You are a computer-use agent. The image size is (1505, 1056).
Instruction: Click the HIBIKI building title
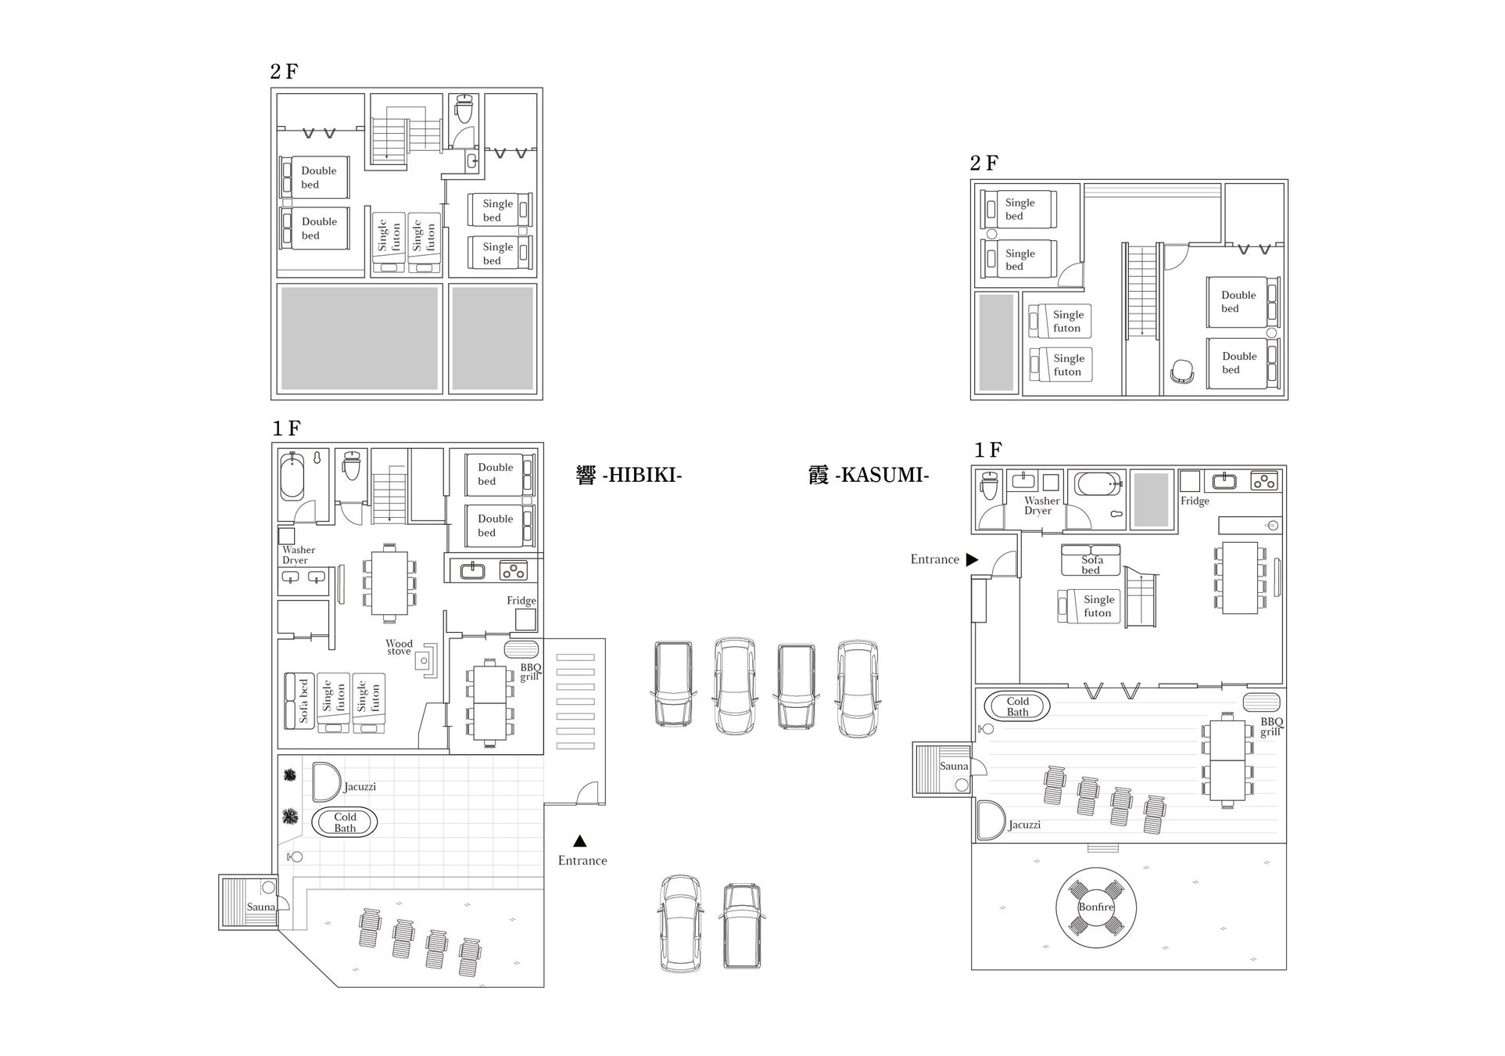point(629,475)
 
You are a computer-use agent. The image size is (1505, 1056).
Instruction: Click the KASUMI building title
point(869,475)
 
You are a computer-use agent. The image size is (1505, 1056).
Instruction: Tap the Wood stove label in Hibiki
point(399,648)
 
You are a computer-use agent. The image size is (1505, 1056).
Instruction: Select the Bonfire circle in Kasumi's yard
point(1096,907)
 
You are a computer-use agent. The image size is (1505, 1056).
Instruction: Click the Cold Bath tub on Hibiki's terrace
point(345,822)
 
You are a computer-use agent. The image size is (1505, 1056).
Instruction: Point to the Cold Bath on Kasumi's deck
point(1017,706)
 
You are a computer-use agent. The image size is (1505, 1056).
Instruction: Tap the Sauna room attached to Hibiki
point(249,902)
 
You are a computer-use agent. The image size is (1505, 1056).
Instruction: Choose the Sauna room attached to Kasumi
point(942,770)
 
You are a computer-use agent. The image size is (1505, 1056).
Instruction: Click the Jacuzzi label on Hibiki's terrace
point(360,787)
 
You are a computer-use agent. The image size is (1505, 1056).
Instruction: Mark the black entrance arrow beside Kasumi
point(972,559)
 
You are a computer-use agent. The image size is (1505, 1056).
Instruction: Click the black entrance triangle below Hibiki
point(579,841)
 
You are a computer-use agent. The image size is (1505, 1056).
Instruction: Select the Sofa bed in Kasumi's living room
point(1091,560)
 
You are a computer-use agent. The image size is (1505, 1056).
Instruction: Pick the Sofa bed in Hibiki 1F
point(299,702)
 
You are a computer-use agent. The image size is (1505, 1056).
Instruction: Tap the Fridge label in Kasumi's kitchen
point(1195,501)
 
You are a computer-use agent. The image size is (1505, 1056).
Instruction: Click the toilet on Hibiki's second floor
point(464,110)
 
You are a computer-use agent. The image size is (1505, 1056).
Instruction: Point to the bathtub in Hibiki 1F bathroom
point(292,476)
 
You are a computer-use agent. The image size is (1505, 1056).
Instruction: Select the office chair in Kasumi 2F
point(1182,372)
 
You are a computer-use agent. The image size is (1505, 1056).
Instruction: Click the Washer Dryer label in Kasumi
point(1041,505)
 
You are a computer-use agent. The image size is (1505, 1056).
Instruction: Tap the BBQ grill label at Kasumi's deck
point(1271,727)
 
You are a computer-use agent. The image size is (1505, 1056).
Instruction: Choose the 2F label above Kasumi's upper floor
point(984,163)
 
